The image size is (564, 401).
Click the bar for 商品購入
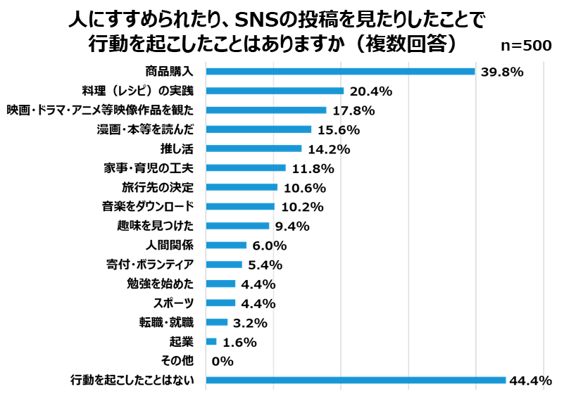click(x=340, y=71)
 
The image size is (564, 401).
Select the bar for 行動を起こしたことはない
click(x=356, y=380)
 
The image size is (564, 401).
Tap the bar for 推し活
click(x=253, y=148)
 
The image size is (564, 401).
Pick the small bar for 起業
click(x=211, y=341)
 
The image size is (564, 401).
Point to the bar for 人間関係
click(x=226, y=245)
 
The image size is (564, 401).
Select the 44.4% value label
click(x=529, y=381)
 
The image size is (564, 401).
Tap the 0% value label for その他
click(x=222, y=361)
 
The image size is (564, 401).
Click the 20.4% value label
click(x=370, y=91)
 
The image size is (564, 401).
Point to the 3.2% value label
click(x=251, y=323)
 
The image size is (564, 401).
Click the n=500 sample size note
click(x=525, y=45)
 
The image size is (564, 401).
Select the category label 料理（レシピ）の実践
click(x=142, y=91)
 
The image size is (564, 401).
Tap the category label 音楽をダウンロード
click(x=149, y=207)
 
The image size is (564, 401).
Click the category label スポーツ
click(x=174, y=303)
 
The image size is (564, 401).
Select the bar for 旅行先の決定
click(x=242, y=187)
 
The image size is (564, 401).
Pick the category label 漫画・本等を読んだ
click(x=145, y=129)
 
